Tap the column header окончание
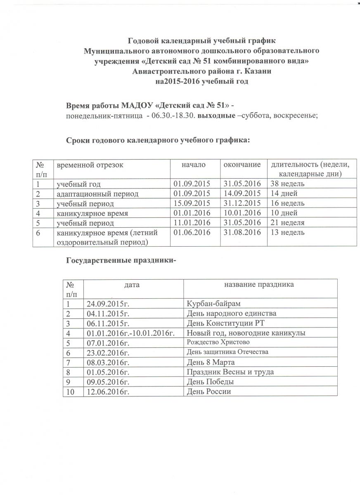pos(242,165)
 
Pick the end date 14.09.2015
pos(242,193)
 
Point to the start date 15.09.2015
pos(192,203)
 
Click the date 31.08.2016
pos(242,233)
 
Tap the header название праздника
pos(259,285)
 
